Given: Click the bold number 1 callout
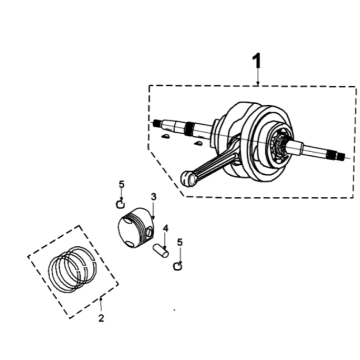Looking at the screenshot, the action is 256,62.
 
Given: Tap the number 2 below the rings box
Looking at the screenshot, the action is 101,318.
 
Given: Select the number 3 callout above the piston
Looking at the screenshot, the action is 153,197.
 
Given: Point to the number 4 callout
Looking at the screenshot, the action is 166,228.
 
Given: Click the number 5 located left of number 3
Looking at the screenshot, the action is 121,184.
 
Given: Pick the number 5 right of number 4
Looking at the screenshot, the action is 180,242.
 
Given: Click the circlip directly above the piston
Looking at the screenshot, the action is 120,203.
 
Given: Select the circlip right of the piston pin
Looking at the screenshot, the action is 178,266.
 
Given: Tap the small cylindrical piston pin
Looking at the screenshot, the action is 161,251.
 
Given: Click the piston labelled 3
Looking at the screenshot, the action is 136,228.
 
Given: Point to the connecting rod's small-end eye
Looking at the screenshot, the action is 188,178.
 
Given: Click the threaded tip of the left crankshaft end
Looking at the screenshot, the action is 156,123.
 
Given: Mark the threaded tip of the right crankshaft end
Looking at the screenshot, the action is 340,155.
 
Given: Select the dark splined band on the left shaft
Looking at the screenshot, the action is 189,127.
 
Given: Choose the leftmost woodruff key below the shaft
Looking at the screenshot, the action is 165,136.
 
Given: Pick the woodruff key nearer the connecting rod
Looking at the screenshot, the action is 198,144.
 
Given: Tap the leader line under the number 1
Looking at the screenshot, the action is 258,77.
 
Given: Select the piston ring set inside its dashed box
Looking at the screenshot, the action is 73,269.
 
